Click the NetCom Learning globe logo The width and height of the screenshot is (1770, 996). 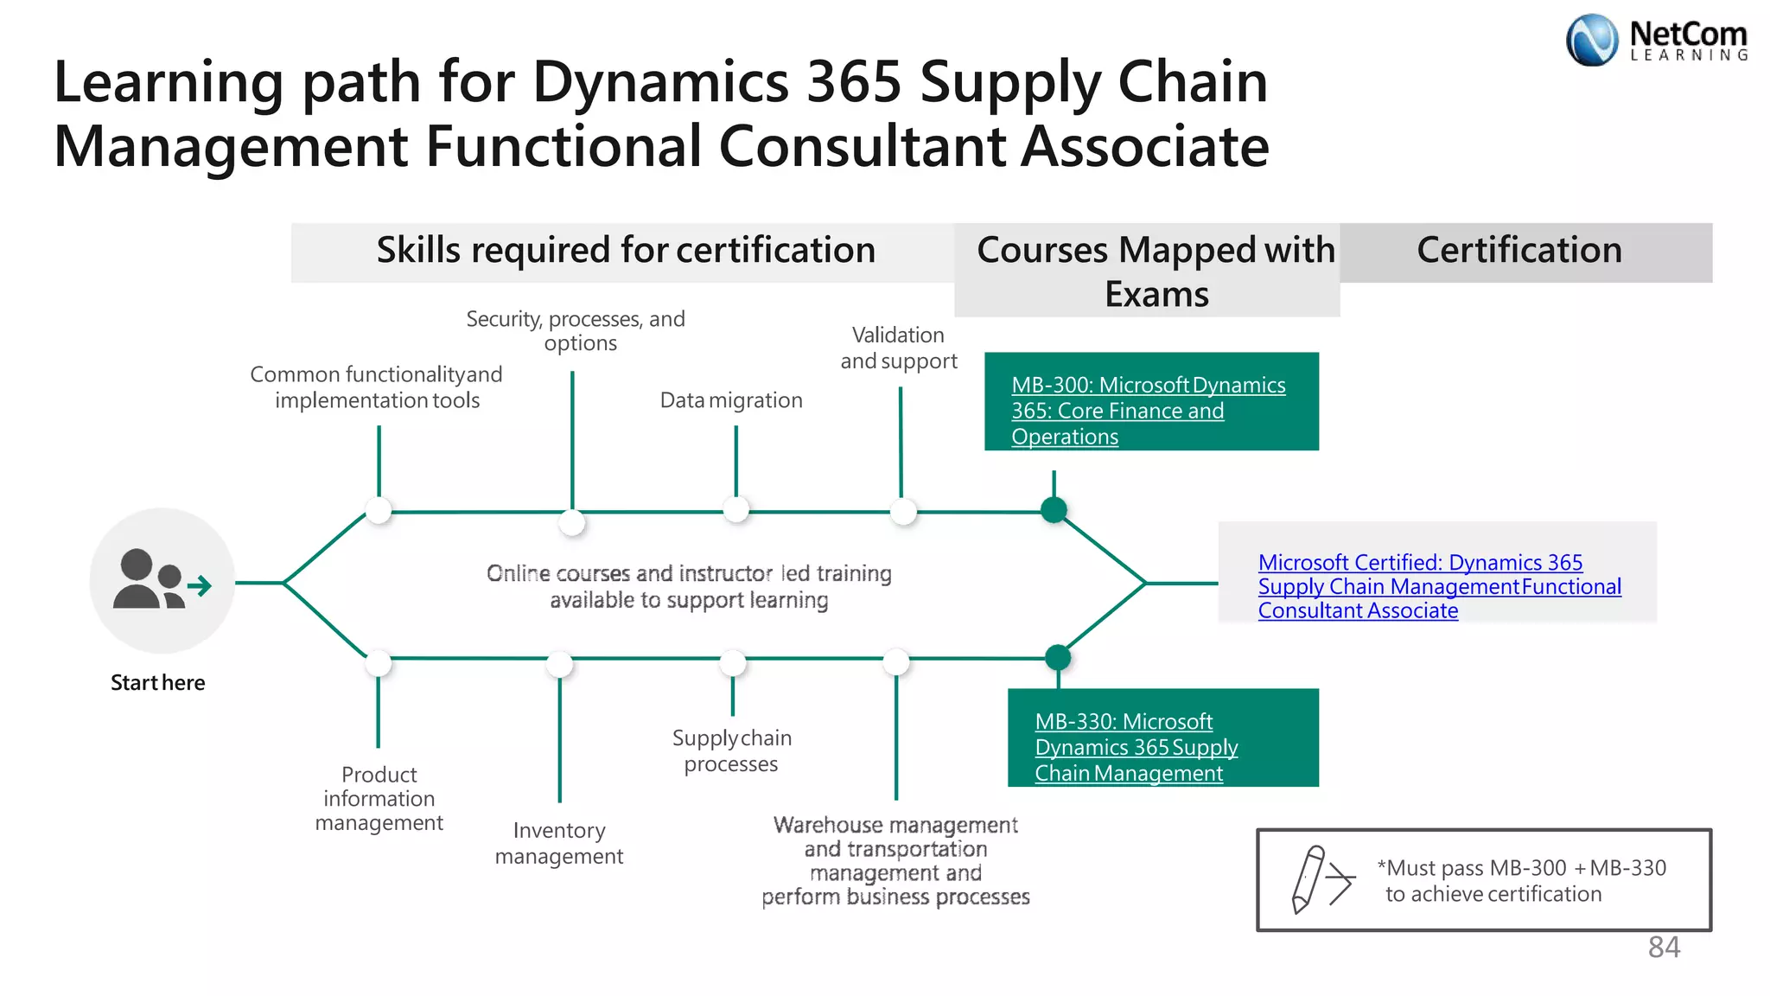click(1591, 40)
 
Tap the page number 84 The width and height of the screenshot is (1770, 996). click(1664, 948)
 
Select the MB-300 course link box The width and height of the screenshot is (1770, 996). click(1150, 402)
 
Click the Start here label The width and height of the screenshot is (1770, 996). click(158, 683)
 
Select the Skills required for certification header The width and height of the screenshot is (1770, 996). click(625, 251)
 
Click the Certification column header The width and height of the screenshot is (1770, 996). click(1519, 251)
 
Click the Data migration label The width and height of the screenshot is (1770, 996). click(731, 400)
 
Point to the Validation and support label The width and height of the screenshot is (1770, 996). click(899, 348)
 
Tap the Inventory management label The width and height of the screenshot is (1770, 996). click(559, 843)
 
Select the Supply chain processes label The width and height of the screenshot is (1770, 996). click(731, 750)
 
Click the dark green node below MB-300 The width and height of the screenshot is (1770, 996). click(1054, 510)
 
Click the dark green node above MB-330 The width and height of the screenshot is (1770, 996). click(1058, 658)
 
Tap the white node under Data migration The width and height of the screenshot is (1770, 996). click(735, 509)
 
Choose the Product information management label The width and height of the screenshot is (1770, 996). click(379, 799)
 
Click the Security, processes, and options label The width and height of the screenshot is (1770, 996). click(576, 331)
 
